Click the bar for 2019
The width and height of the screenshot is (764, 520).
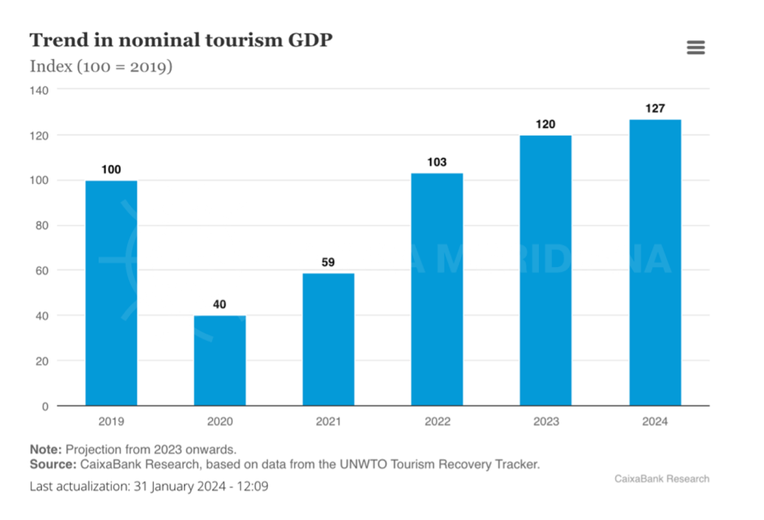click(x=111, y=292)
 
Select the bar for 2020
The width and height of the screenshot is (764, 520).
click(x=219, y=361)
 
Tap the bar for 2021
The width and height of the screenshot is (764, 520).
click(x=328, y=339)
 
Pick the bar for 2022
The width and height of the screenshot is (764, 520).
click(x=437, y=289)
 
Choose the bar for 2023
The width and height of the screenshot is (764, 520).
click(x=545, y=270)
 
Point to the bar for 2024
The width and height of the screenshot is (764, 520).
click(x=655, y=262)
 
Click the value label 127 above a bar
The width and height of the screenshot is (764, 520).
click(x=655, y=108)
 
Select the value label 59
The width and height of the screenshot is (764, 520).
click(x=328, y=263)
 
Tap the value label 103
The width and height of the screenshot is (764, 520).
click(x=437, y=162)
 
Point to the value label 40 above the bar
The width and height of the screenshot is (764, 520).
click(x=219, y=305)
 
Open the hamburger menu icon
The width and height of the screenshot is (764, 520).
click(x=696, y=48)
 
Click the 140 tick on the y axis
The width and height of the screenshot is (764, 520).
click(x=39, y=90)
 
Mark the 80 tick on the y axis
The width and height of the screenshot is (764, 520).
click(x=43, y=225)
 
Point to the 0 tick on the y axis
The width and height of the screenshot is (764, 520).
click(x=45, y=406)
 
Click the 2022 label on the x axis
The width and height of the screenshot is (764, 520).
click(x=437, y=421)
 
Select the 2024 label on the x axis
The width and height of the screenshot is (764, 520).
click(x=655, y=421)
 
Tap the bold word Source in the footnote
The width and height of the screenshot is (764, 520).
click(x=52, y=464)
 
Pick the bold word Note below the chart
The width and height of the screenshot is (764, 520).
click(x=45, y=449)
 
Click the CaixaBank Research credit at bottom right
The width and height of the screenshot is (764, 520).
click(x=661, y=478)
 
